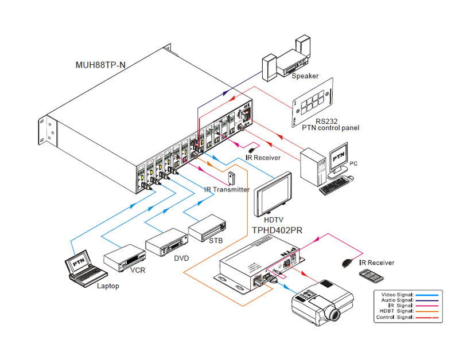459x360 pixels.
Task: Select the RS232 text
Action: (x=326, y=120)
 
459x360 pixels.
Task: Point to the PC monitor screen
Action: (x=339, y=154)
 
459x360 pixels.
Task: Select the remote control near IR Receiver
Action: (x=371, y=276)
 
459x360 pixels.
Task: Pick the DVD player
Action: (x=167, y=242)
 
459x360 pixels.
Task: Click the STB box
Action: (x=208, y=229)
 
